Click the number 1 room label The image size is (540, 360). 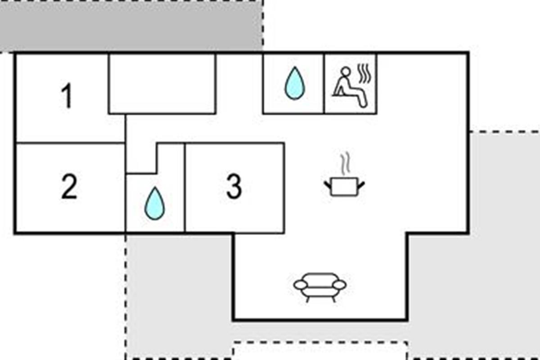point(67,96)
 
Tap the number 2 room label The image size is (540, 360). point(68,187)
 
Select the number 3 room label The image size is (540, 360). point(234,187)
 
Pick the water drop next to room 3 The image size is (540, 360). point(154,203)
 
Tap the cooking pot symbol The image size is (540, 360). point(344,185)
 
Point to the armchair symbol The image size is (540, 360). point(320,286)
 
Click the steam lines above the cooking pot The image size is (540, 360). point(345,164)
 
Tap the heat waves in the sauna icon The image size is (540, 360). point(365,74)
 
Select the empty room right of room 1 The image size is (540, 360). point(162,84)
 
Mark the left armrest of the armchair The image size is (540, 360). point(301,285)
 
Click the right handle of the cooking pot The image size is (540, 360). point(361,184)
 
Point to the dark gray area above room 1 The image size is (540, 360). point(130,25)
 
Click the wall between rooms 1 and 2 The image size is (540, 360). point(70,143)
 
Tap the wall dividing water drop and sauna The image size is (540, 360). point(324,83)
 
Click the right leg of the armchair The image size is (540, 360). point(334,298)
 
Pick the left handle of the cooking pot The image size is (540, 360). point(328,184)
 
